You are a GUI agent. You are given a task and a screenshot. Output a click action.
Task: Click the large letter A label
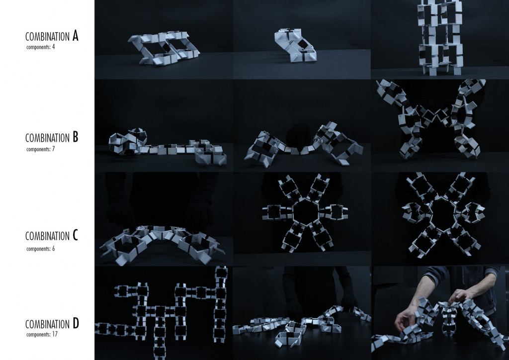[75, 36]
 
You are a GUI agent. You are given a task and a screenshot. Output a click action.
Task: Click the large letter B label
[75, 137]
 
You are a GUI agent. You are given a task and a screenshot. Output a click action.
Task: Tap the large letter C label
[75, 235]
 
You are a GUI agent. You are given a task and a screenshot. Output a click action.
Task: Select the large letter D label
[75, 324]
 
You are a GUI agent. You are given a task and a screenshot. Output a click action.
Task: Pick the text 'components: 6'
[40, 247]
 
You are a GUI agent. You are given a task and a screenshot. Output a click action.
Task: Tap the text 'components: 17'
[41, 335]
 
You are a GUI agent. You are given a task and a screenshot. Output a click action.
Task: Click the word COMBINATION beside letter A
[47, 37]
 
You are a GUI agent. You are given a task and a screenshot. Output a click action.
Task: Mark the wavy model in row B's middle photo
[302, 143]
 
